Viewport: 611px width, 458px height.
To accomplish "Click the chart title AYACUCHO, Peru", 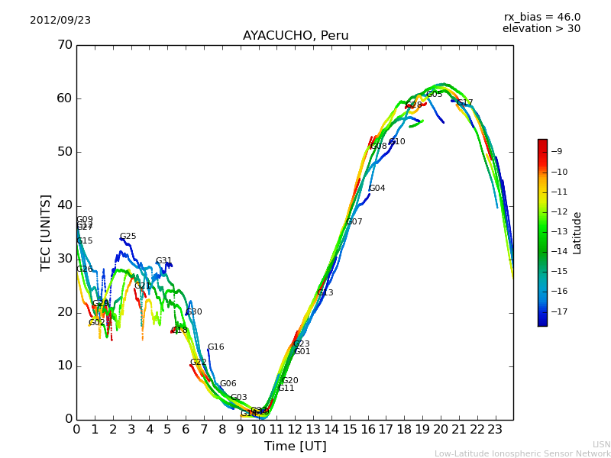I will [x=296, y=36].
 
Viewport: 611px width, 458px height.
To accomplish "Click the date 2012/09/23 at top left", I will [x=60, y=21].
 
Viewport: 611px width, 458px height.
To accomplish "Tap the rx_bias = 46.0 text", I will [x=541, y=18].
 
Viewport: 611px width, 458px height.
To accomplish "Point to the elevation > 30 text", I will [x=541, y=29].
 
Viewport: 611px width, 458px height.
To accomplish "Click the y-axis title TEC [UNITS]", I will [x=46, y=232].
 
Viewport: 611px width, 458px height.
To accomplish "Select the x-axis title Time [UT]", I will [x=295, y=447].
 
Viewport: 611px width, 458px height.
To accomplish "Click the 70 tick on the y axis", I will [x=65, y=45].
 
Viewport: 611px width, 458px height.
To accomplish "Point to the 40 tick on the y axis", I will [x=65, y=205].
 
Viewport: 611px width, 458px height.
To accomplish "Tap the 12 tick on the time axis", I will [x=295, y=430].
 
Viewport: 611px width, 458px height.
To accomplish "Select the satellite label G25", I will [x=128, y=237].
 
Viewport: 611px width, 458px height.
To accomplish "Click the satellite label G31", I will [x=163, y=261].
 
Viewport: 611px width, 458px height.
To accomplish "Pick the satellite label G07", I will [x=354, y=222].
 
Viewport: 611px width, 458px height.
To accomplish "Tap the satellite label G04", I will [x=377, y=189].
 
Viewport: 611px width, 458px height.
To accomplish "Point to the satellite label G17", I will [x=465, y=103].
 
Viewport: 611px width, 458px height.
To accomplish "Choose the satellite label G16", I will [x=215, y=347].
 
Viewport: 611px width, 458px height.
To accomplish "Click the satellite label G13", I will [x=325, y=293].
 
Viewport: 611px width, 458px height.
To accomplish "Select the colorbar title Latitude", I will [x=577, y=233].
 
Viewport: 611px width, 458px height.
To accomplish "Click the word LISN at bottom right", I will [x=601, y=444].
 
